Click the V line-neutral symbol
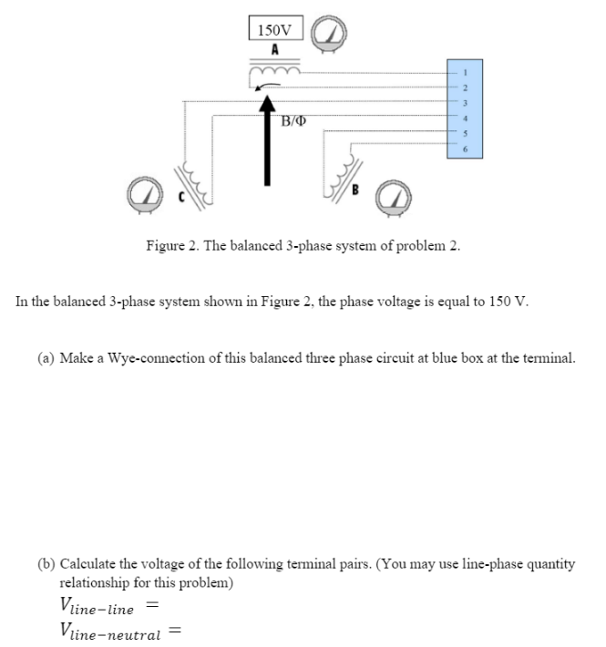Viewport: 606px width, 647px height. click(x=108, y=629)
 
